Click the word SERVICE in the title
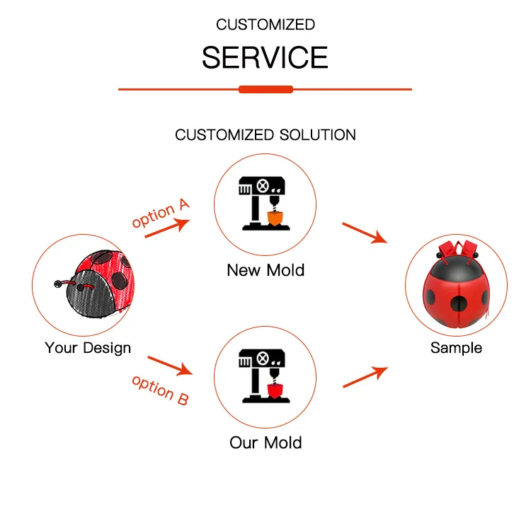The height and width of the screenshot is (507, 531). point(265,57)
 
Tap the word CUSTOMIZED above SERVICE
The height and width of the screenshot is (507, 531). point(265,25)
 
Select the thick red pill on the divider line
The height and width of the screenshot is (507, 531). point(265,89)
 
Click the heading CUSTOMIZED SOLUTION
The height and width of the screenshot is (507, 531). point(265,135)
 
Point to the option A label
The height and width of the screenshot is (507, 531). point(161,213)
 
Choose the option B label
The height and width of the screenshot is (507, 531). point(160,390)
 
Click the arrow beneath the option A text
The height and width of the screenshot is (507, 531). point(167,228)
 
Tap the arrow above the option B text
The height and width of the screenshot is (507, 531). point(170,366)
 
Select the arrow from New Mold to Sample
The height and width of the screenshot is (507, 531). point(365,233)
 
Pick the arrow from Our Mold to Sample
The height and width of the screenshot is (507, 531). point(365,377)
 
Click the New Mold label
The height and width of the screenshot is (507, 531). point(265,270)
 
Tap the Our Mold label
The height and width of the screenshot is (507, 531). point(265,443)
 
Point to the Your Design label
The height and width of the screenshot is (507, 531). point(88,348)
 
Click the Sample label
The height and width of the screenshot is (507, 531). point(456,348)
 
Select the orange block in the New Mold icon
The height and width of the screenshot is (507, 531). point(275,218)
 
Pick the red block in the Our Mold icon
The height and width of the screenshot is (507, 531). point(275,391)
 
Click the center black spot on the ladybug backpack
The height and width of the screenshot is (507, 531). point(459,304)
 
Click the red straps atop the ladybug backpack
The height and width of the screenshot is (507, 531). point(458,250)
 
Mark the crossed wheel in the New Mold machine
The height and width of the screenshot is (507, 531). point(263,186)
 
